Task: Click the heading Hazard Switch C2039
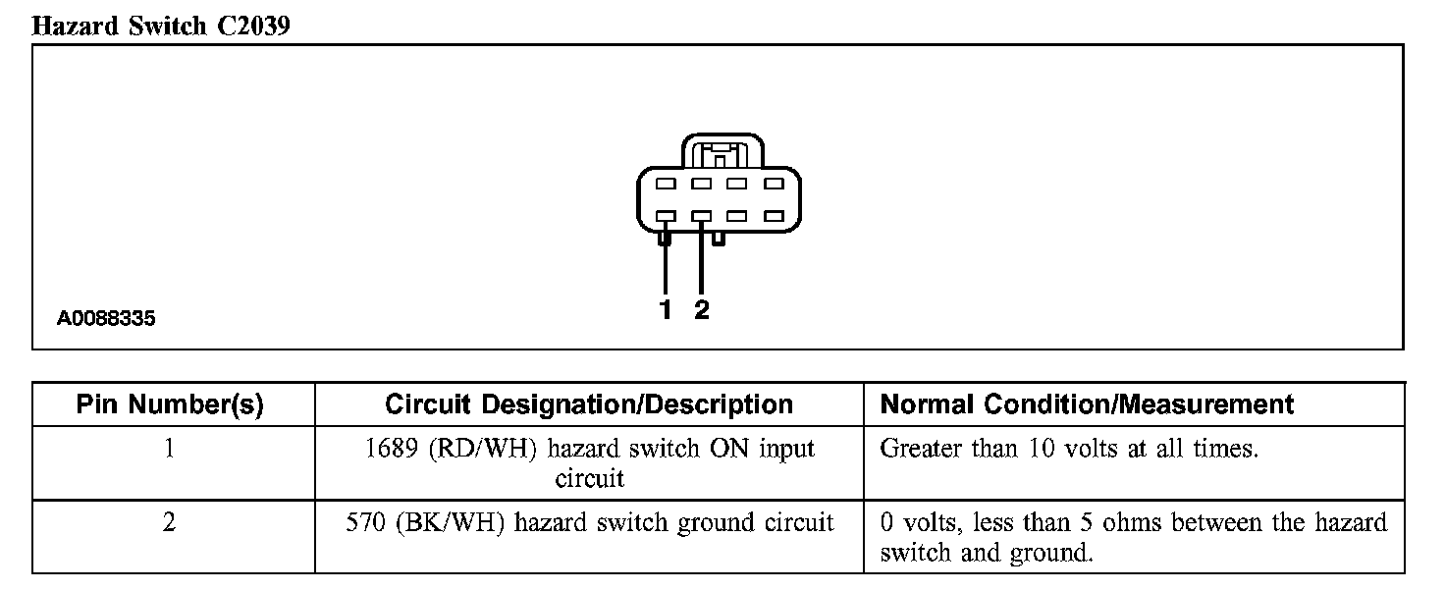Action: pyautogui.click(x=161, y=27)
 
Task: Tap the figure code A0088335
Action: pyautogui.click(x=106, y=319)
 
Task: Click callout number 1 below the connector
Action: pyautogui.click(x=666, y=310)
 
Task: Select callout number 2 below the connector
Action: pyautogui.click(x=701, y=310)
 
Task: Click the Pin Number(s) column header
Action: pyautogui.click(x=170, y=404)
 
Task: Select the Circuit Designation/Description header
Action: pyautogui.click(x=589, y=404)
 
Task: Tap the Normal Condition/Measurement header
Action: pyautogui.click(x=1087, y=404)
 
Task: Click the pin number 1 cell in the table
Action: pyautogui.click(x=170, y=450)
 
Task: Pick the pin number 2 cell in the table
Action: pyautogui.click(x=170, y=522)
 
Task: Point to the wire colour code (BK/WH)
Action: pyautogui.click(x=451, y=522)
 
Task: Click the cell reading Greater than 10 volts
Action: pyautogui.click(x=1069, y=450)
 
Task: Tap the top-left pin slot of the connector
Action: pyautogui.click(x=665, y=184)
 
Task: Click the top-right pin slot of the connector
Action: pyautogui.click(x=773, y=184)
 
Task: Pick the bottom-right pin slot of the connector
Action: pyautogui.click(x=773, y=216)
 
